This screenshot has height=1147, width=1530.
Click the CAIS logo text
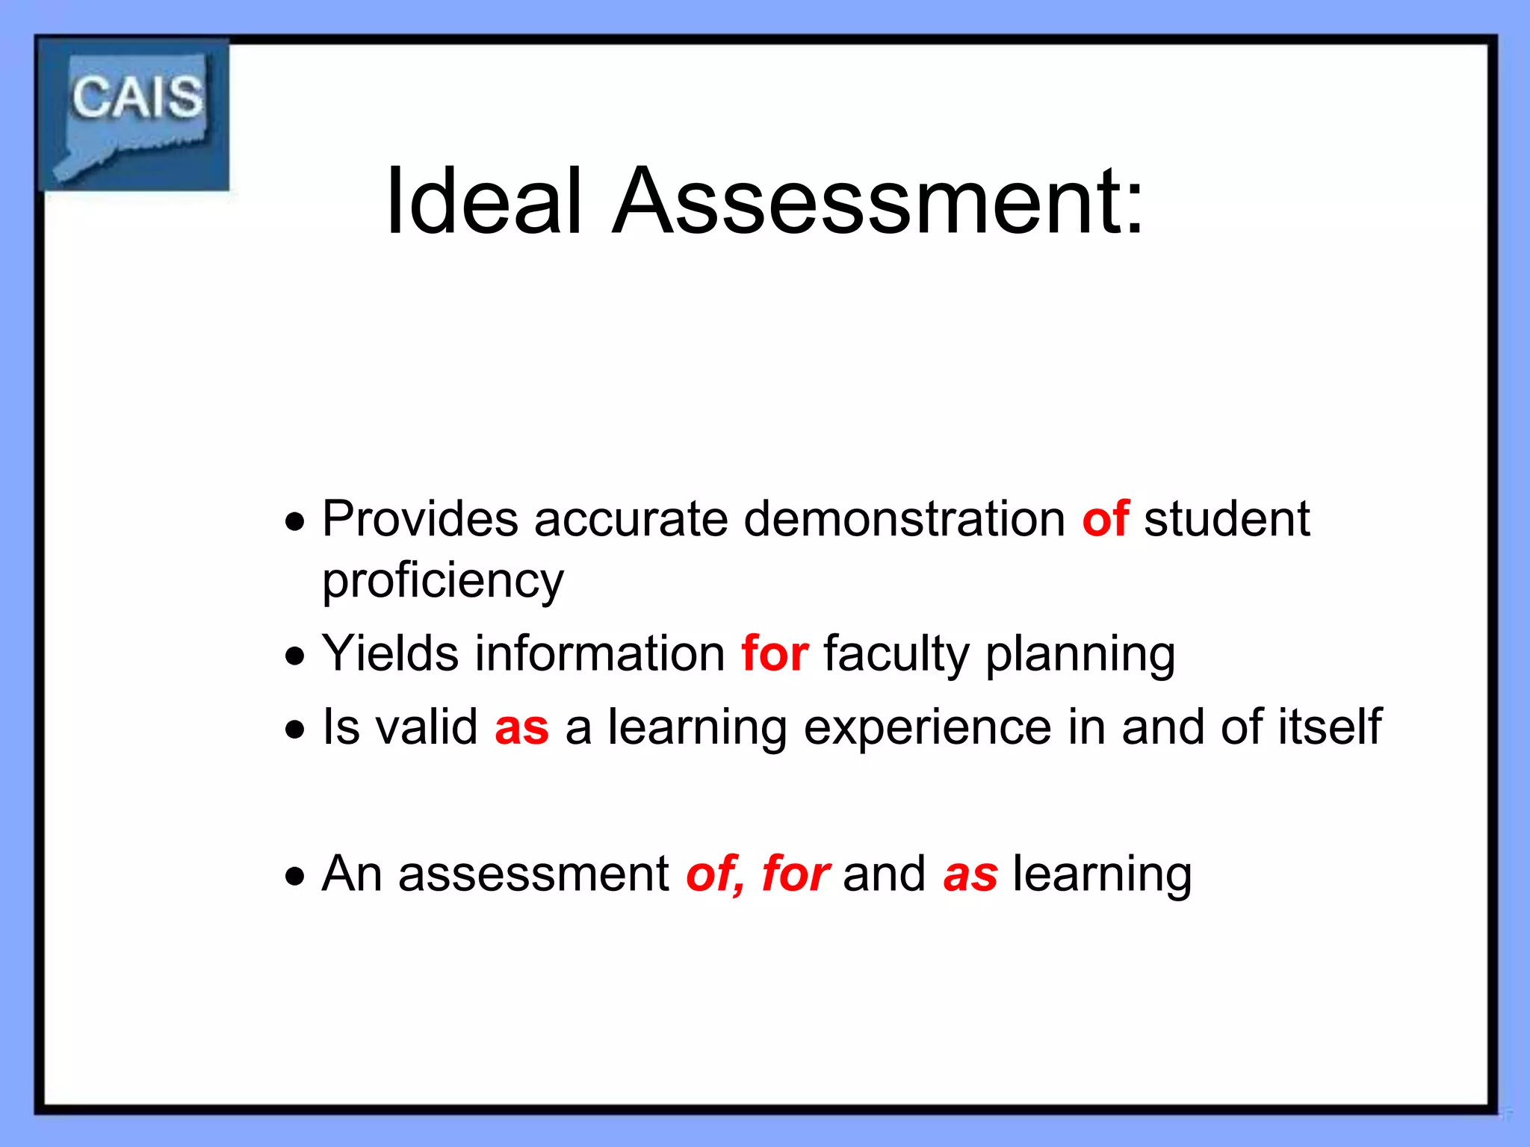pos(137,98)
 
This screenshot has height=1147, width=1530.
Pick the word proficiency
pos(443,581)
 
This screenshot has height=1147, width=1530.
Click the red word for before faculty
pos(775,653)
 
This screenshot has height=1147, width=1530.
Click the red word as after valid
pos(521,727)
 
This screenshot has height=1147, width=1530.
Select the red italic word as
pos(970,874)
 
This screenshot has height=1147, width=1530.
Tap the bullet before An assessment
pos(295,875)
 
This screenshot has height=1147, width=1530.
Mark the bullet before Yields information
pos(295,656)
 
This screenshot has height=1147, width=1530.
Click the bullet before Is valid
pos(295,729)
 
